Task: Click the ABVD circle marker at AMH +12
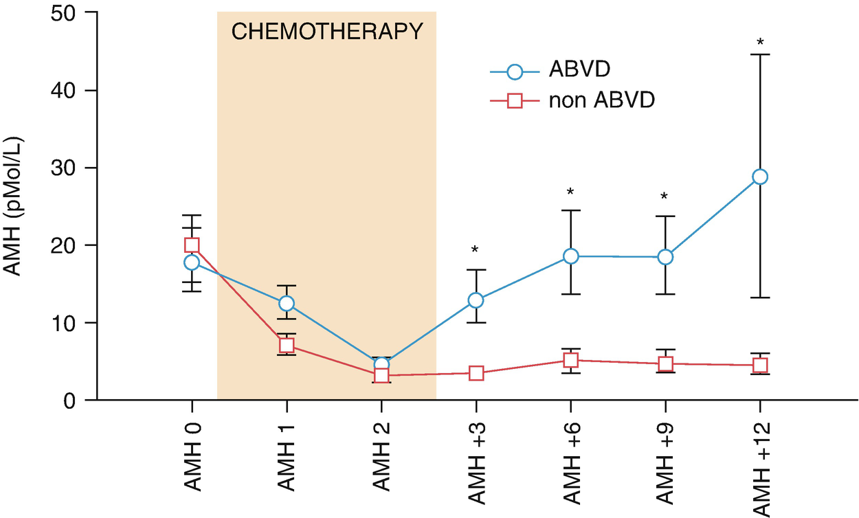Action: (x=760, y=177)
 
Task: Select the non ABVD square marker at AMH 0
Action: (x=192, y=245)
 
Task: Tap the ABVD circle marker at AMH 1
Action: (x=287, y=303)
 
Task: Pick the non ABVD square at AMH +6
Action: (x=570, y=360)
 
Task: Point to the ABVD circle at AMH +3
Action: (x=476, y=300)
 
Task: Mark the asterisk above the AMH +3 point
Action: (x=476, y=249)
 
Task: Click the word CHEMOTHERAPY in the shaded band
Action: (x=326, y=32)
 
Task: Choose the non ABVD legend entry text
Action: (x=601, y=101)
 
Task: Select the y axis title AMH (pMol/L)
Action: (x=15, y=206)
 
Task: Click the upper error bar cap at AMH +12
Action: (x=760, y=54)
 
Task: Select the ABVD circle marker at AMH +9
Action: (x=665, y=257)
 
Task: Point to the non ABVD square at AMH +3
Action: (x=476, y=374)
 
